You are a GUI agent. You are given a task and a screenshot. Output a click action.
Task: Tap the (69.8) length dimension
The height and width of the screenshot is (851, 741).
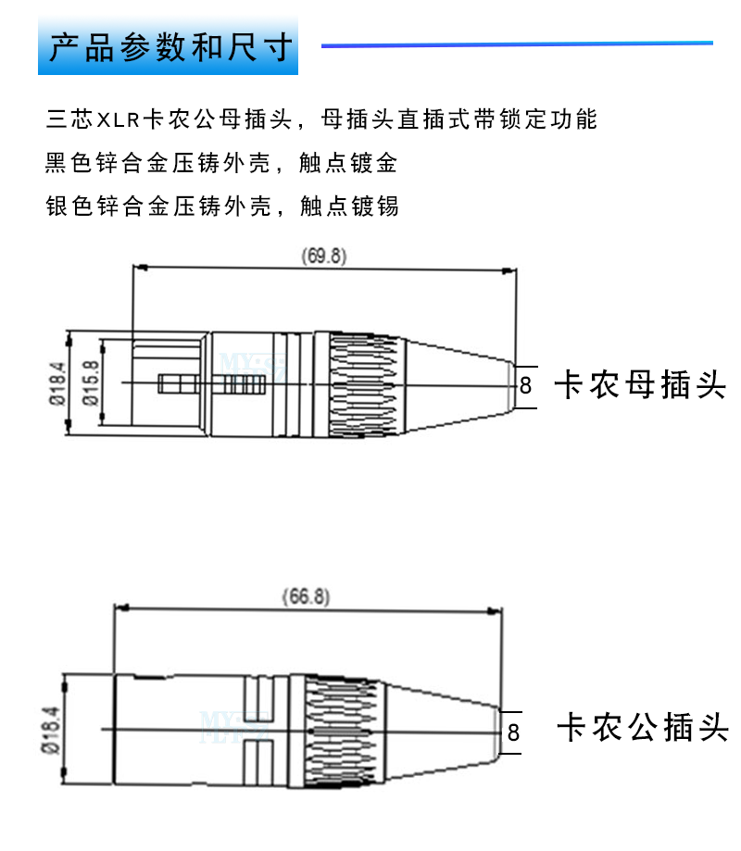tap(323, 257)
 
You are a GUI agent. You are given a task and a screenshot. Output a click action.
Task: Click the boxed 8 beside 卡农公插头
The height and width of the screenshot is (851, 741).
tap(513, 732)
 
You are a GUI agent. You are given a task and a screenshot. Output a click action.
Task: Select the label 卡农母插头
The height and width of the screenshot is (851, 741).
tap(638, 383)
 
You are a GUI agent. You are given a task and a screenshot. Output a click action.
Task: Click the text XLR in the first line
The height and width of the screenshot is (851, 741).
tap(118, 119)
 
